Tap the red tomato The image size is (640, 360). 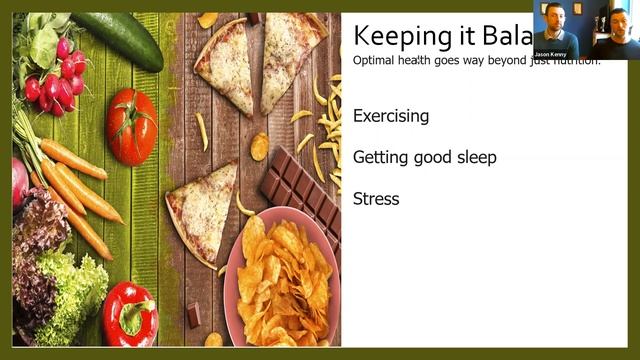[x=132, y=127]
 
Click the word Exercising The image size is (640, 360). [x=391, y=116]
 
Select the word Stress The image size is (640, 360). [x=376, y=199]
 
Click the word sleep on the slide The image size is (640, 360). [x=475, y=158]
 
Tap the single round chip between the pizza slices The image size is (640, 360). [x=259, y=147]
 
